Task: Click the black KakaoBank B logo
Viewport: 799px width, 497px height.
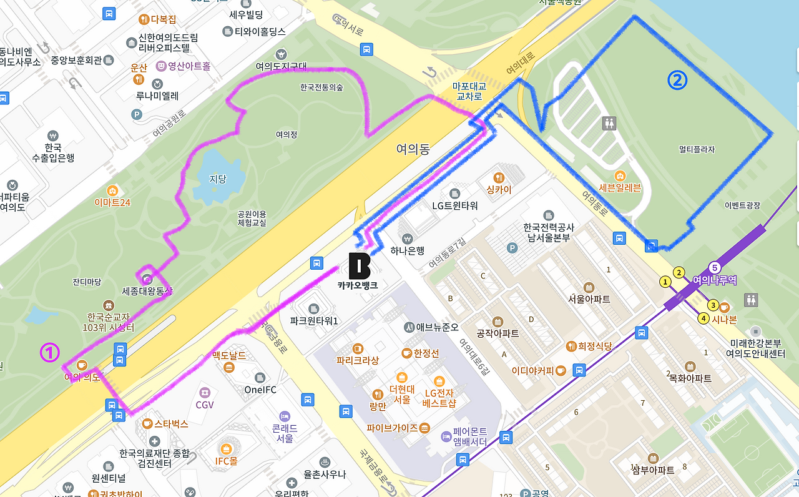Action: (360, 266)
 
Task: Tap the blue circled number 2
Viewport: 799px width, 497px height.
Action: (677, 80)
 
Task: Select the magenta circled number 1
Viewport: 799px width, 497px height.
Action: (49, 353)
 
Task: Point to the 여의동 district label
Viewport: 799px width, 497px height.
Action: (413, 149)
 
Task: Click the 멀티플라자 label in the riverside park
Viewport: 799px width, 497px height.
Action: (697, 149)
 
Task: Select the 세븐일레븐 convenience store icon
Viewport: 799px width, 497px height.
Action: (620, 175)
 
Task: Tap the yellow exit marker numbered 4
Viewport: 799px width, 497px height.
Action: (703, 318)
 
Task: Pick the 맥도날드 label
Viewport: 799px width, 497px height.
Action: (229, 355)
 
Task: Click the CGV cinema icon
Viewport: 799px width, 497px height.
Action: (204, 391)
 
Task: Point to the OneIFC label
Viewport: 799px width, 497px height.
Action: (260, 390)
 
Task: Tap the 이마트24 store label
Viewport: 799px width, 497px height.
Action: (112, 202)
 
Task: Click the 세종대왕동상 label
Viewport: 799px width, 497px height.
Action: (147, 291)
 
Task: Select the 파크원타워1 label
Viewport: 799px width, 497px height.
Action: (314, 321)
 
